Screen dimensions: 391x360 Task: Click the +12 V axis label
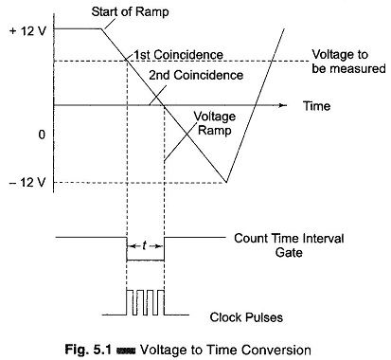(x=27, y=31)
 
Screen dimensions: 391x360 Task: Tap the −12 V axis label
(x=27, y=182)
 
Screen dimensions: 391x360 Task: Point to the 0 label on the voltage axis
(x=42, y=135)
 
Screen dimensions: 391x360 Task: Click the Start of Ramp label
(x=130, y=12)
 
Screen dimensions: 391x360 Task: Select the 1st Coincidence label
(x=178, y=55)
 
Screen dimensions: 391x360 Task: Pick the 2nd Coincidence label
(x=196, y=75)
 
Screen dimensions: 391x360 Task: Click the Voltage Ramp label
(x=215, y=123)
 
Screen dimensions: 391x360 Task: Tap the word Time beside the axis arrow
(x=316, y=106)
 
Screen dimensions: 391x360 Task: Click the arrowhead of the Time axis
(x=283, y=105)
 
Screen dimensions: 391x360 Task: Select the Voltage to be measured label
(x=348, y=62)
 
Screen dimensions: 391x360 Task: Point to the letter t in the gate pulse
(x=145, y=245)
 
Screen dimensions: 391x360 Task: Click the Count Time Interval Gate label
(x=289, y=245)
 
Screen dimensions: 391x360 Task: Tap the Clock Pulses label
(x=246, y=317)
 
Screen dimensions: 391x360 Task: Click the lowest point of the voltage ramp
(x=226, y=182)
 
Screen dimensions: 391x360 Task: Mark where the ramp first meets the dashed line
(x=127, y=60)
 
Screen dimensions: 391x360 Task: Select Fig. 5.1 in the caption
(x=88, y=350)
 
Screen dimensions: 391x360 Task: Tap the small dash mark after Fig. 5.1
(x=126, y=351)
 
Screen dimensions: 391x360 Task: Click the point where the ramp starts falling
(x=101, y=28)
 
